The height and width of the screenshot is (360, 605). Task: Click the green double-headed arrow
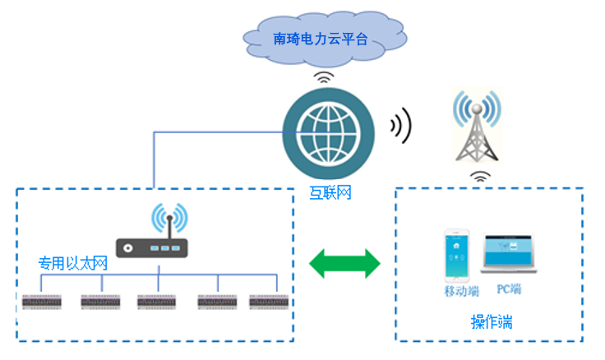pos(344,264)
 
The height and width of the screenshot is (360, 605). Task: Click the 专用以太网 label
pos(73,265)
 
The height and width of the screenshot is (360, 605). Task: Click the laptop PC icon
pos(510,254)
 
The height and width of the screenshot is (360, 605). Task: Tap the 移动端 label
pos(461,291)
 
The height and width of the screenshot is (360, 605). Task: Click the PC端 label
pos(509,289)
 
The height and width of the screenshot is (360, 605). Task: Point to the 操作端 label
pos(492,322)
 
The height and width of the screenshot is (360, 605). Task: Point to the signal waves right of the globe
pos(400,126)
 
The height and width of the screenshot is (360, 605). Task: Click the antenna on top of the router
pos(169,219)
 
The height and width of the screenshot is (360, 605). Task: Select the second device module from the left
pos(102,302)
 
